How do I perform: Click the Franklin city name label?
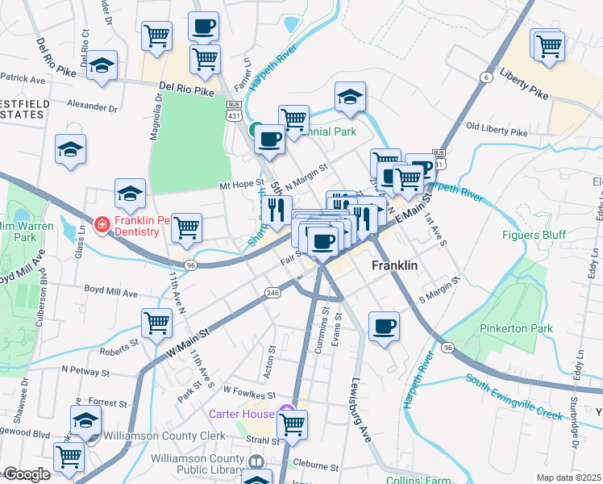click(x=393, y=265)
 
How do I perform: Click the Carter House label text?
click(x=241, y=414)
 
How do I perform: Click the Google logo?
click(x=26, y=474)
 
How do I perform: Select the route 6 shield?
click(x=484, y=77)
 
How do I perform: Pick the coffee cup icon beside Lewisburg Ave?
click(x=385, y=327)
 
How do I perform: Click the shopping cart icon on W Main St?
click(x=156, y=323)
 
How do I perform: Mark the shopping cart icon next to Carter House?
click(x=292, y=423)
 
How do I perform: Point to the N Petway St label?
click(x=85, y=373)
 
